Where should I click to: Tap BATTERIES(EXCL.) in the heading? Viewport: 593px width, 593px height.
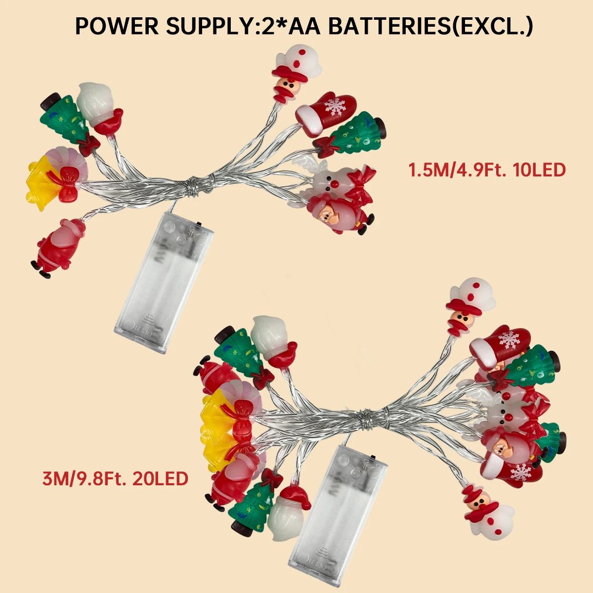[x=430, y=26]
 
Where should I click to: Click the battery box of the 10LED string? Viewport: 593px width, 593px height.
[x=164, y=282]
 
